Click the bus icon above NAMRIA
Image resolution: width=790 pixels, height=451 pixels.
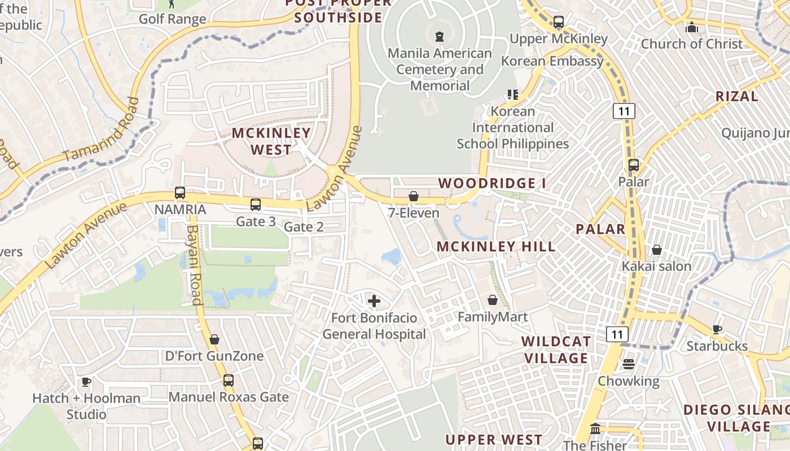pyautogui.click(x=180, y=193)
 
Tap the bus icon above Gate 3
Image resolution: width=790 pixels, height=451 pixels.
pyautogui.click(x=256, y=204)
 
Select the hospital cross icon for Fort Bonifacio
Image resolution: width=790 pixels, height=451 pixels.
pyautogui.click(x=374, y=301)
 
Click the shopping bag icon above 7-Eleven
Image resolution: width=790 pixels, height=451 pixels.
pyautogui.click(x=414, y=196)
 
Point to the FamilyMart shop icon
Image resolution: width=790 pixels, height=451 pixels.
pyautogui.click(x=493, y=300)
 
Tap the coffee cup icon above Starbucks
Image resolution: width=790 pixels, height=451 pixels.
pyautogui.click(x=717, y=329)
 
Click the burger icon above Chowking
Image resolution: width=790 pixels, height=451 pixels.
pyautogui.click(x=629, y=364)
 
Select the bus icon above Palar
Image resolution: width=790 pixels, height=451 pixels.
pyautogui.click(x=634, y=165)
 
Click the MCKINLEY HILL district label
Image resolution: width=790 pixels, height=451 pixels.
pyautogui.click(x=496, y=246)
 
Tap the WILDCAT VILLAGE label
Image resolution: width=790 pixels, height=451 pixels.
pyautogui.click(x=556, y=350)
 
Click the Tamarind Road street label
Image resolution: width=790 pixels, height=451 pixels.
pyautogui.click(x=102, y=131)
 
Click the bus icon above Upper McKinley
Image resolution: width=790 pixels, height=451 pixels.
pyautogui.click(x=558, y=23)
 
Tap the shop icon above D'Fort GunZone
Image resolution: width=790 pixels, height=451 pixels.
pyautogui.click(x=214, y=339)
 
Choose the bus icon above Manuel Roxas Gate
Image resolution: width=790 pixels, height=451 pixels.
pyautogui.click(x=229, y=380)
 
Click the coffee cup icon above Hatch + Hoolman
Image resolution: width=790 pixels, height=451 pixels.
pyautogui.click(x=86, y=382)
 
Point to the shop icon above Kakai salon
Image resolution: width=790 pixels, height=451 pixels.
pyautogui.click(x=656, y=249)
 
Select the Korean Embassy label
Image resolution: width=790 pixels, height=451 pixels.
pyautogui.click(x=552, y=61)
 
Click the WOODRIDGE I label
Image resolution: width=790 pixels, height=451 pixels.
pyautogui.click(x=492, y=183)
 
